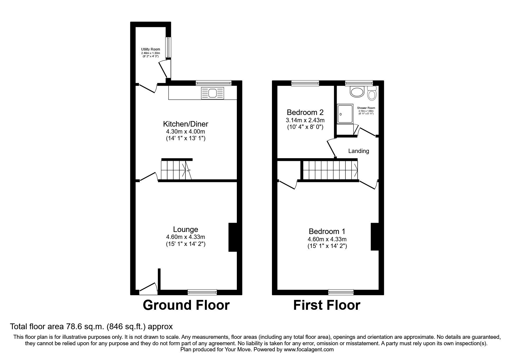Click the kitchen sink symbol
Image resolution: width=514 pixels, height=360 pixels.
click(212, 93)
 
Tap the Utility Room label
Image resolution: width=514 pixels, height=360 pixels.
click(150, 49)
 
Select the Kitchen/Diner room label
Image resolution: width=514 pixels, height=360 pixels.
click(185, 124)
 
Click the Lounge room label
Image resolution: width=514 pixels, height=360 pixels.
click(185, 229)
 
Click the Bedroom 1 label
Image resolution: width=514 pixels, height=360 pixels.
click(327, 231)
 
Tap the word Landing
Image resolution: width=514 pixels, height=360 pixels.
click(358, 151)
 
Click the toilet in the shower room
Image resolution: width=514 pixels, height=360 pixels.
click(371, 93)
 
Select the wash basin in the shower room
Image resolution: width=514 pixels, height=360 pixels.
click(357, 92)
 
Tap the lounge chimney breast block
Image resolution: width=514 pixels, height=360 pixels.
click(233, 237)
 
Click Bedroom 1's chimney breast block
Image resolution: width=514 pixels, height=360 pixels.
click(375, 236)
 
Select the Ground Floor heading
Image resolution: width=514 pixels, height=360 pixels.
click(186, 305)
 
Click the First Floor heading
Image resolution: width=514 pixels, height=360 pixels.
click(327, 305)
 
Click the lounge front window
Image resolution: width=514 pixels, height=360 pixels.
click(202, 292)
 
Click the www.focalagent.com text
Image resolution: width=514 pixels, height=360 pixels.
click(309, 350)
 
